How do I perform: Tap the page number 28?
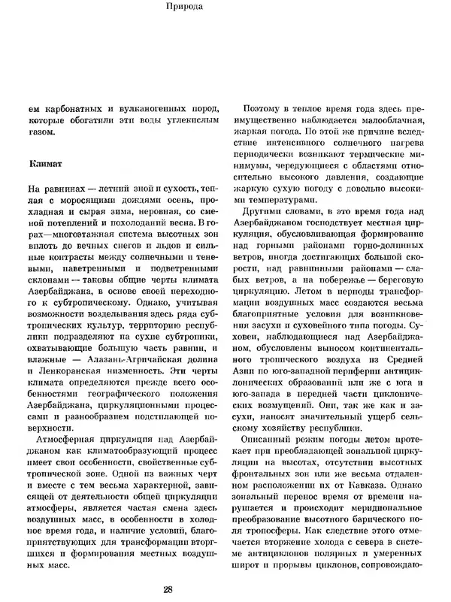coord(225,588)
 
